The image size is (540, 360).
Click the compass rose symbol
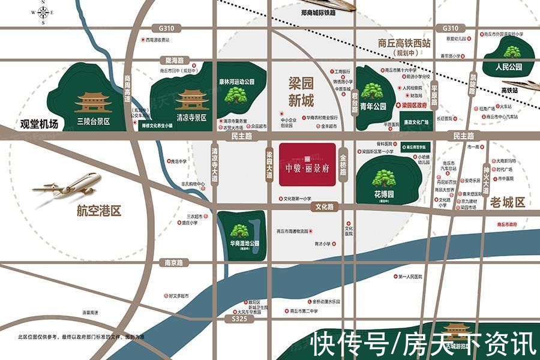(44, 13)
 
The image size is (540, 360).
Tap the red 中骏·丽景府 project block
(307, 164)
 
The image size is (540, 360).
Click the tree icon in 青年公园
(375, 91)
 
